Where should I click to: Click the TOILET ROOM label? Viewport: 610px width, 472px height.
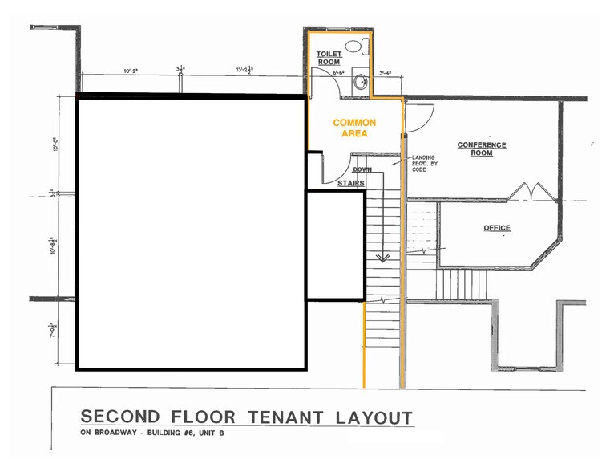[x=329, y=57]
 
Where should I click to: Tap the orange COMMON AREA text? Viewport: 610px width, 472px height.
[x=354, y=128]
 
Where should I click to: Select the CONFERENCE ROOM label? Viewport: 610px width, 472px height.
[x=482, y=149]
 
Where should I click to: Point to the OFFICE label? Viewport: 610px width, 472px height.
[x=497, y=228]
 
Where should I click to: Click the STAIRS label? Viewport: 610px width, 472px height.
[x=350, y=184]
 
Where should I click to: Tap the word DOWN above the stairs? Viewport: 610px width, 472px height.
[x=362, y=170]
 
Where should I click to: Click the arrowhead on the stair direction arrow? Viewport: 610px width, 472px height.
[x=383, y=257]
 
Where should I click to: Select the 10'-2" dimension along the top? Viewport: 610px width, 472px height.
[x=131, y=71]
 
